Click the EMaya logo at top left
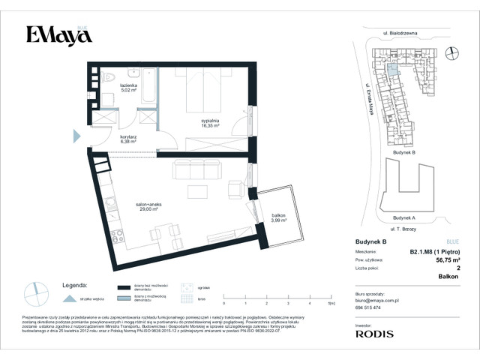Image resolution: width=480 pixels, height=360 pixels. (53, 34)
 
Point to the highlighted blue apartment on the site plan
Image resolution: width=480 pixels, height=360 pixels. (392, 70)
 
